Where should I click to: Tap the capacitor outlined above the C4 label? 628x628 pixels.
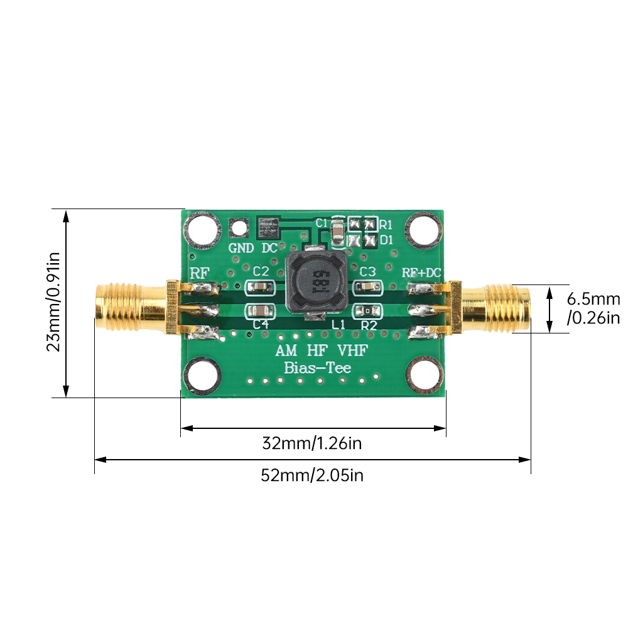click(x=259, y=310)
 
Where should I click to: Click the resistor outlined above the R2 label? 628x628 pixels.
click(x=366, y=310)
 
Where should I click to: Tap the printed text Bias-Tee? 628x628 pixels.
click(x=318, y=369)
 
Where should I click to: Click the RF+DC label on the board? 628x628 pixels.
click(x=422, y=273)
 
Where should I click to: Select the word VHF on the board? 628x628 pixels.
click(x=353, y=351)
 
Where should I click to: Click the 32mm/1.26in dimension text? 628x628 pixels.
click(x=312, y=443)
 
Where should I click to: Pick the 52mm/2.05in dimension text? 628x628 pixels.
click(x=312, y=475)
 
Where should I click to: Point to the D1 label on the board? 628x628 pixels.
click(x=386, y=240)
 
